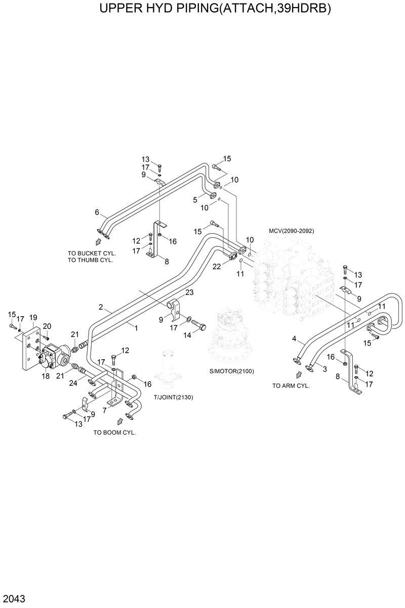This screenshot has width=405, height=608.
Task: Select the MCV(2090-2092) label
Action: coord(291,231)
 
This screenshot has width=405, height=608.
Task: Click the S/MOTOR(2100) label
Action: coord(231,371)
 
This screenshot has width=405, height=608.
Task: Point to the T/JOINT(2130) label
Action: coord(173,397)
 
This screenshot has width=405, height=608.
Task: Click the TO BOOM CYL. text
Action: coord(114,433)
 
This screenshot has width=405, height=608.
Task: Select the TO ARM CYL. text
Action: coord(291,385)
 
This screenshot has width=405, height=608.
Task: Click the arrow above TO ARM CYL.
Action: coord(299,375)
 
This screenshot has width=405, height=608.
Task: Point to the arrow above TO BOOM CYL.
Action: coord(120,421)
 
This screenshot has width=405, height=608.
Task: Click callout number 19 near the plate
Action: coord(33,317)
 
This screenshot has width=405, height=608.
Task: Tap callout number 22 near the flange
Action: coord(217,267)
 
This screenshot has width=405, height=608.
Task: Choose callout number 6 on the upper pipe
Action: coord(97,212)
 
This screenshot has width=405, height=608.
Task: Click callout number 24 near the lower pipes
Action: coord(73,383)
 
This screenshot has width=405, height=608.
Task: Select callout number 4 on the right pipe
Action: coord(294,338)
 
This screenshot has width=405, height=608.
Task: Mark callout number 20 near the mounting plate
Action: coord(47,326)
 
